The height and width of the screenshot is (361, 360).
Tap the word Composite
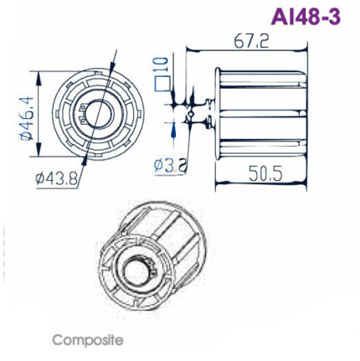point(88,341)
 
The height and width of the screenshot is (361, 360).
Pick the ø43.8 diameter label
point(57,178)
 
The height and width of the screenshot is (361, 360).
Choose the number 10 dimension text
point(162,64)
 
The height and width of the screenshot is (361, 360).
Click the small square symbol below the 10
point(163,83)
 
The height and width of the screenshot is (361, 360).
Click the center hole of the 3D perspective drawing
point(135,269)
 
